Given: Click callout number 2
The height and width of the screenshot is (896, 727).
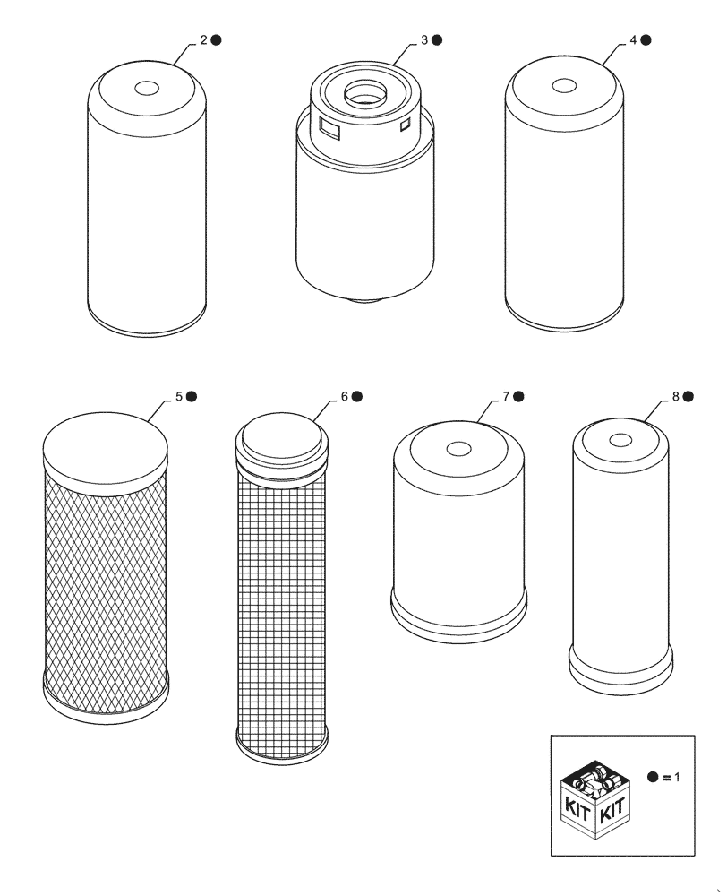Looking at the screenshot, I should pyautogui.click(x=204, y=40).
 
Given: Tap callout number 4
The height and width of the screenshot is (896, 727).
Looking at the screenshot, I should pyautogui.click(x=633, y=40).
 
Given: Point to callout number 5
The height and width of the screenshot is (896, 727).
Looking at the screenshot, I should pyautogui.click(x=179, y=396).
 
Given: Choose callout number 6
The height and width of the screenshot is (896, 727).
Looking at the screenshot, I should pyautogui.click(x=345, y=396).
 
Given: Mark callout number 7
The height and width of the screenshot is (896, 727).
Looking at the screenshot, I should pyautogui.click(x=506, y=396).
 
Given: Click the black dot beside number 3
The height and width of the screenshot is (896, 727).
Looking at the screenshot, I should pyautogui.click(x=439, y=40).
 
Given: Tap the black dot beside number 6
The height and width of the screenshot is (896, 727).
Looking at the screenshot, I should pyautogui.click(x=357, y=396).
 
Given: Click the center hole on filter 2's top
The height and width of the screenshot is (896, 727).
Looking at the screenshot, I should pyautogui.click(x=147, y=89).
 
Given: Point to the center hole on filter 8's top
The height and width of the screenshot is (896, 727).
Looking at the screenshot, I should pyautogui.click(x=620, y=439).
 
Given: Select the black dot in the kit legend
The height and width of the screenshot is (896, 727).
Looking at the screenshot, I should pyautogui.click(x=653, y=778).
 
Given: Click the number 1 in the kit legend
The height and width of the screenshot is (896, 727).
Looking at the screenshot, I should pyautogui.click(x=677, y=778).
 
